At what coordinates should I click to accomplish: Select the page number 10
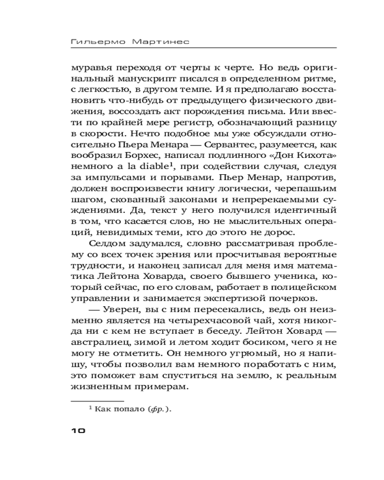78,430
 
